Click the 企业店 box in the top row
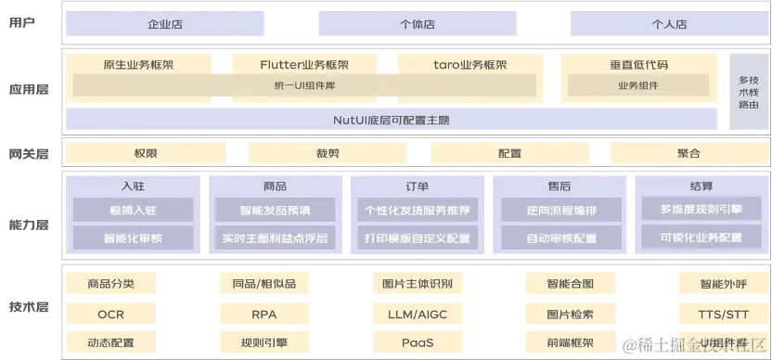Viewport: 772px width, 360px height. (165, 24)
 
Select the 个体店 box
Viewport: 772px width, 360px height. (417, 24)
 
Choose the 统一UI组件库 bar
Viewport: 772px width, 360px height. (304, 85)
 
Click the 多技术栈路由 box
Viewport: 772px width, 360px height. (748, 93)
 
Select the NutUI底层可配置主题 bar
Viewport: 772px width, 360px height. (392, 120)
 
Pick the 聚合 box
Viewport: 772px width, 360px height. (688, 153)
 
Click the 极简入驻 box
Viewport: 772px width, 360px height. (133, 211)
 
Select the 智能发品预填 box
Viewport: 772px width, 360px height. (275, 211)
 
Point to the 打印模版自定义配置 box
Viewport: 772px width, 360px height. (417, 238)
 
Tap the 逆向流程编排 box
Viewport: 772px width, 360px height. (560, 211)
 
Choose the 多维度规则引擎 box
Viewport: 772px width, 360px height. (701, 210)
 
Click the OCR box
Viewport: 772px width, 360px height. (110, 315)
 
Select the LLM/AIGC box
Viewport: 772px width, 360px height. (417, 315)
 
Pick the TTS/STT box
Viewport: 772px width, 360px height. (723, 315)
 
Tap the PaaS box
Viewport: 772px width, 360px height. (417, 343)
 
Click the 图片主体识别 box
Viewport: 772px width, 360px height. (417, 284)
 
